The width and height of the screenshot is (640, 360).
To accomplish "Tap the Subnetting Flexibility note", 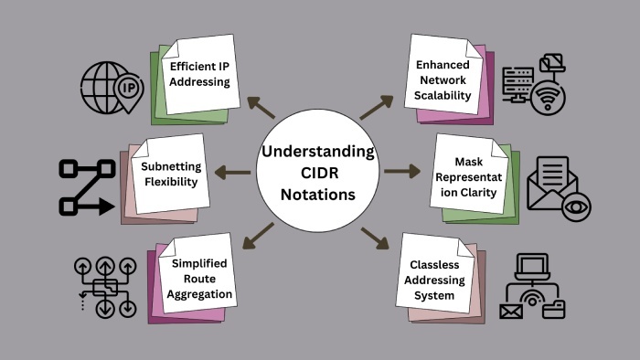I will pyautogui.click(x=170, y=174).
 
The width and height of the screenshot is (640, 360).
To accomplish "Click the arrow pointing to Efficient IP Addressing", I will pyautogui.click(x=261, y=107).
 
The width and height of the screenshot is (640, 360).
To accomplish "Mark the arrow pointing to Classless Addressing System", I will pyautogui.click(x=375, y=238).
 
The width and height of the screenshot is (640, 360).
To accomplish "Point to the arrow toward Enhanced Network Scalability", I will pyautogui.click(x=375, y=106).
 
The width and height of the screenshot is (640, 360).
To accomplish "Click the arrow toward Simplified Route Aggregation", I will pyautogui.click(x=261, y=237).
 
